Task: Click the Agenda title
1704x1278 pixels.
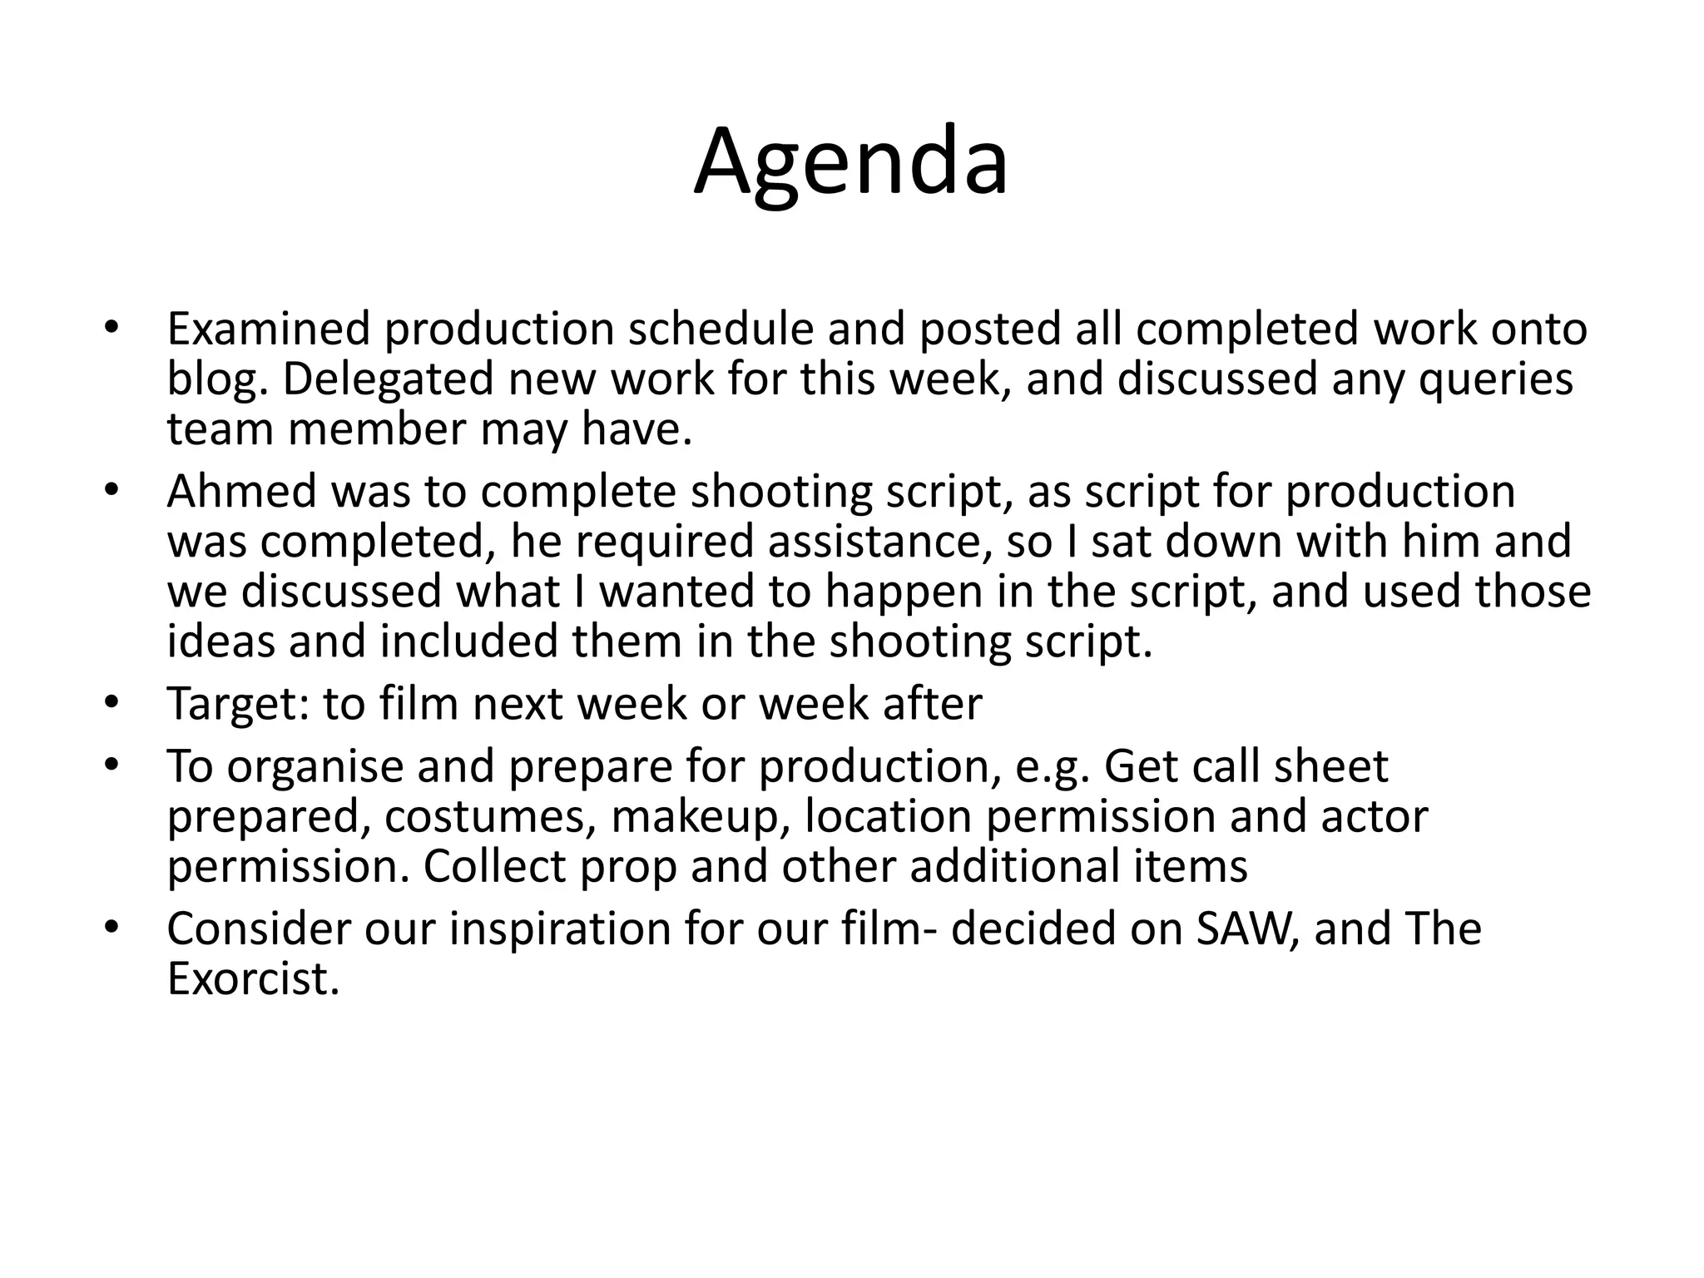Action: [851, 162]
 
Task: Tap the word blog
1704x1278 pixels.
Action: [217, 379]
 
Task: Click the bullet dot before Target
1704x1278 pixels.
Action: [112, 704]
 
